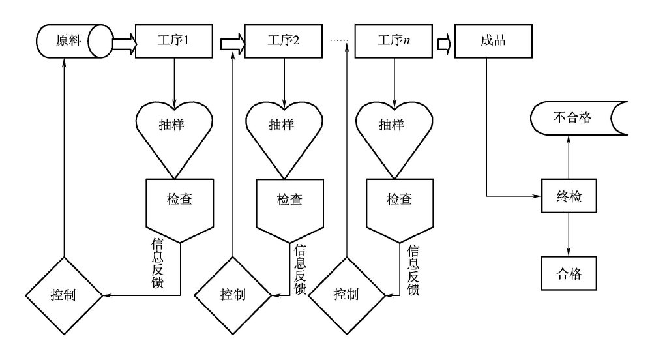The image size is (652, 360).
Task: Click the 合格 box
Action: tap(570, 273)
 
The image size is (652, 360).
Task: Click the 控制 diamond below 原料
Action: tap(63, 295)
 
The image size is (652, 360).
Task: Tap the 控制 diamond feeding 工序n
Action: tap(346, 295)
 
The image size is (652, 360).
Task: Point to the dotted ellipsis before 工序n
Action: tap(340, 41)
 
